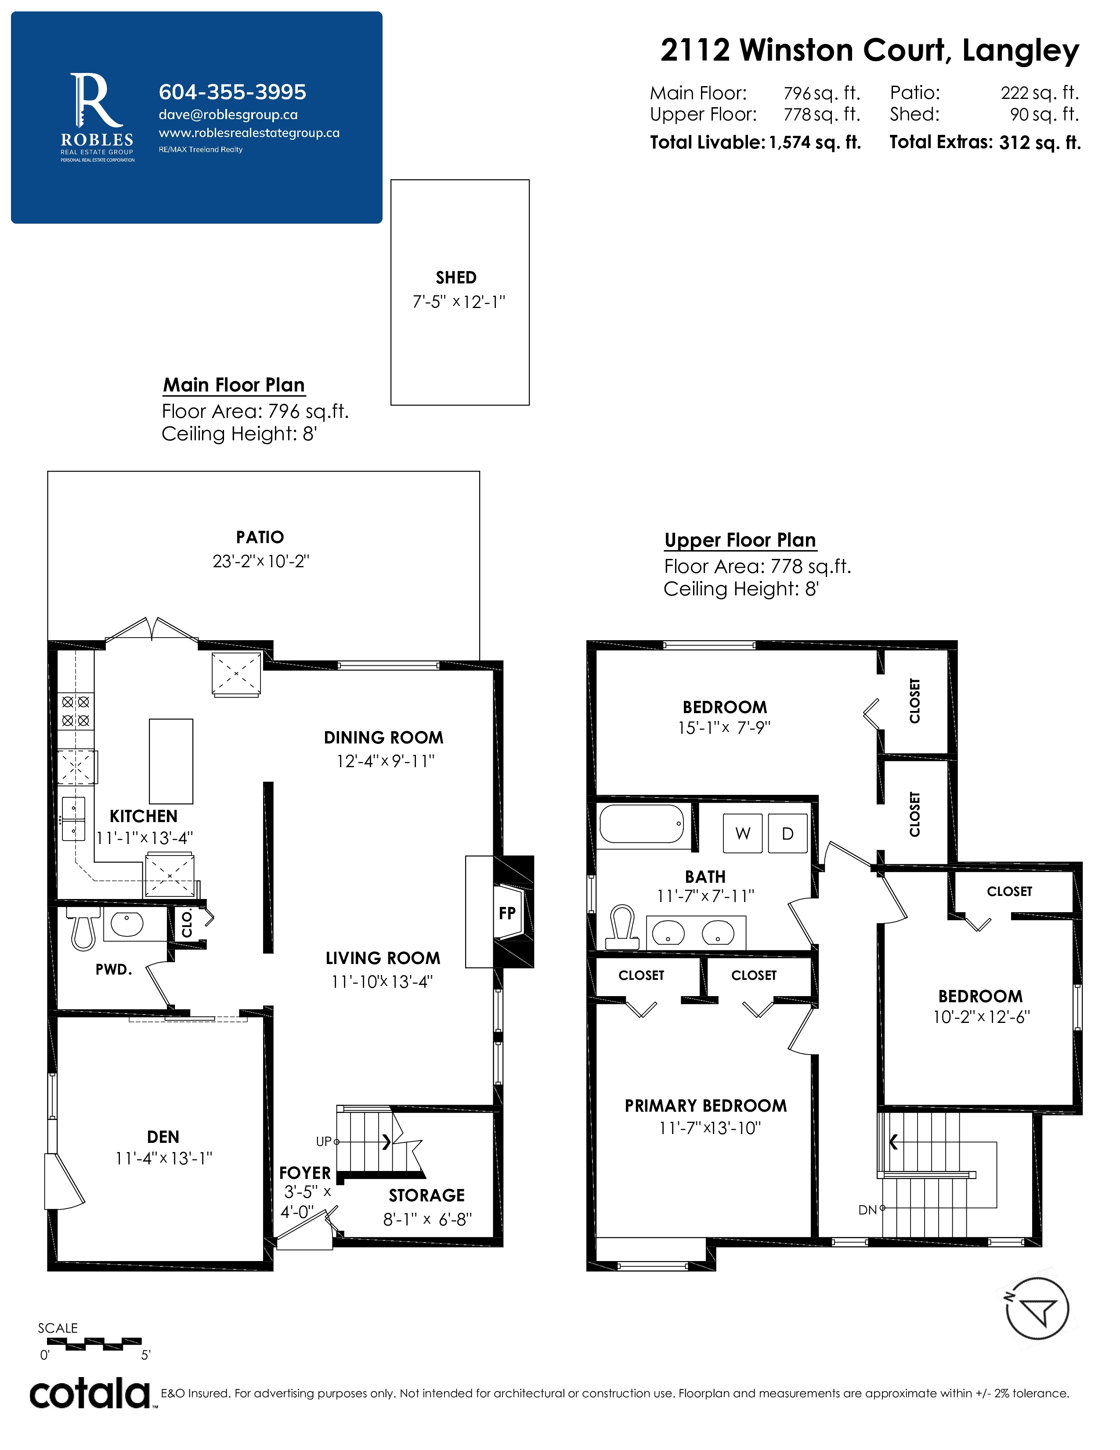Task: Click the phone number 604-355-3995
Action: (232, 92)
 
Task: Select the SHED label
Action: (456, 278)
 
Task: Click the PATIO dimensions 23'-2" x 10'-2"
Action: (261, 561)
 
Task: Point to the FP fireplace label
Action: (507, 913)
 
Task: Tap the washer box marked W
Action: (742, 833)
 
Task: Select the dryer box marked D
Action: (788, 833)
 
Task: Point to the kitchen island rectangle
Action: (171, 761)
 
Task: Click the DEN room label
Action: (163, 1137)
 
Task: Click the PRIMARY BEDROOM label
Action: (706, 1106)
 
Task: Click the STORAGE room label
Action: (426, 1195)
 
